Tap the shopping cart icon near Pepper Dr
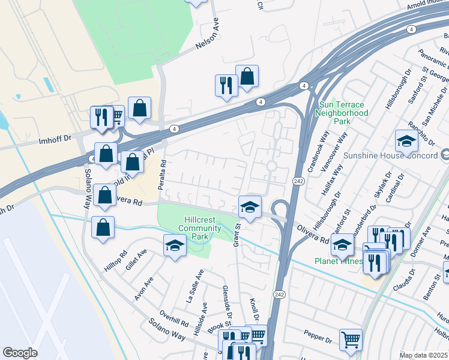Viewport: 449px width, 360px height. [x=351, y=340]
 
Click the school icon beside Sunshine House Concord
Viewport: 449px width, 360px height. [x=406, y=142]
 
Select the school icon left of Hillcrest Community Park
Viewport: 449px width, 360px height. [x=175, y=246]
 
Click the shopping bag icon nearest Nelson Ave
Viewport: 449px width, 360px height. [x=247, y=77]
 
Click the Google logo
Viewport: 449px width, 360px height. [x=20, y=353]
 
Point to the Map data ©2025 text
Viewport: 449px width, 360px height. [x=423, y=355]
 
